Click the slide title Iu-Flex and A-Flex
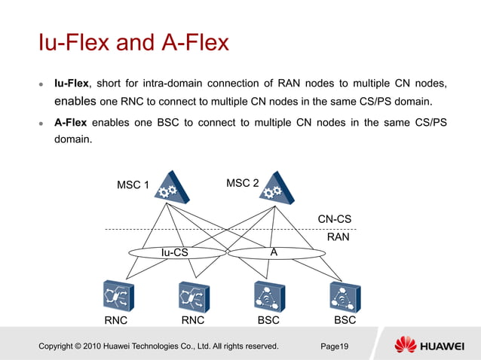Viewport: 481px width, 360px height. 133,42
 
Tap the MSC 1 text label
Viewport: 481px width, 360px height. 133,185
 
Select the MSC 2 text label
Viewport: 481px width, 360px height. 243,184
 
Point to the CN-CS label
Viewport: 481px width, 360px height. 334,219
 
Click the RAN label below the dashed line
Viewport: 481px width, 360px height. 338,236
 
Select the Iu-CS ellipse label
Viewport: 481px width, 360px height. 174,253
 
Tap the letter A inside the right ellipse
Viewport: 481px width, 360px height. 274,253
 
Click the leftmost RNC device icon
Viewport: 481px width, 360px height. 118,295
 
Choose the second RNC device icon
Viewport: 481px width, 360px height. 194,295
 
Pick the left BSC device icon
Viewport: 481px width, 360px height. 269,295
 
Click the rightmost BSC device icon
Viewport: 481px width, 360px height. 345,296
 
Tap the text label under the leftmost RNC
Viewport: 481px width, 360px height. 115,321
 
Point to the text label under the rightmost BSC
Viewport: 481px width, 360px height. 345,320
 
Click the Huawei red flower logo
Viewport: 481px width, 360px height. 406,345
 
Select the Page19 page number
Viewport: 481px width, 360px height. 334,346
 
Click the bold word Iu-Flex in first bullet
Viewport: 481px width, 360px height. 71,82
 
